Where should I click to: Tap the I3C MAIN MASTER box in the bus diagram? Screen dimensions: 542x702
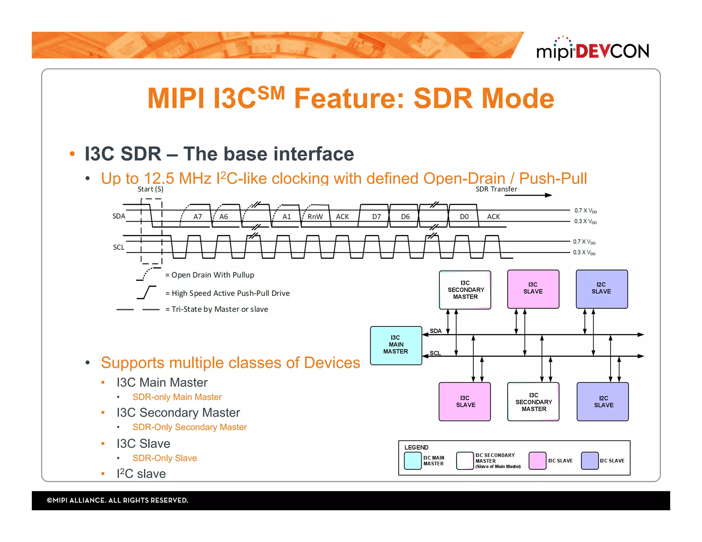pos(396,345)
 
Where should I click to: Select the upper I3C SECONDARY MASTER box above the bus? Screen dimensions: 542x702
pos(465,290)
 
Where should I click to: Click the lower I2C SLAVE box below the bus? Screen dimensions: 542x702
pos(603,402)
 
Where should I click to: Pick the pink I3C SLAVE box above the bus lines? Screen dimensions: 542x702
pos(533,289)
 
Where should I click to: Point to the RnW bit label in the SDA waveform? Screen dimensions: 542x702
pos(315,217)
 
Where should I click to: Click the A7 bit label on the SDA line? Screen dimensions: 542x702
pos(197,217)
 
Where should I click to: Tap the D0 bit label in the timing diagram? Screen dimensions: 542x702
pos(464,217)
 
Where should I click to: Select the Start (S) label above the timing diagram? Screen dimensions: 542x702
pos(150,189)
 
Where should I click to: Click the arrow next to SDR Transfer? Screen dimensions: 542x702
pos(528,195)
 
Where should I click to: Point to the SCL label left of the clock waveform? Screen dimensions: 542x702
pos(119,247)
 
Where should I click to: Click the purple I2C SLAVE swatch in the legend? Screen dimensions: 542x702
pos(590,460)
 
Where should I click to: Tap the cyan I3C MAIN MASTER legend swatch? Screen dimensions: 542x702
pos(413,460)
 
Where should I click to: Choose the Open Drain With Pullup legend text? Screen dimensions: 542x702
pos(213,275)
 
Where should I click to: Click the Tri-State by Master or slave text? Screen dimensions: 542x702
pos(219,309)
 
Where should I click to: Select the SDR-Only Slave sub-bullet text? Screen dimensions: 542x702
pos(165,458)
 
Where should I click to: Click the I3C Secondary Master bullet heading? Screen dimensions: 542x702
pos(178,412)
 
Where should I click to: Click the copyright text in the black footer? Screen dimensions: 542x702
pos(118,500)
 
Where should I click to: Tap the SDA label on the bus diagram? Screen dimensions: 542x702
pos(435,331)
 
